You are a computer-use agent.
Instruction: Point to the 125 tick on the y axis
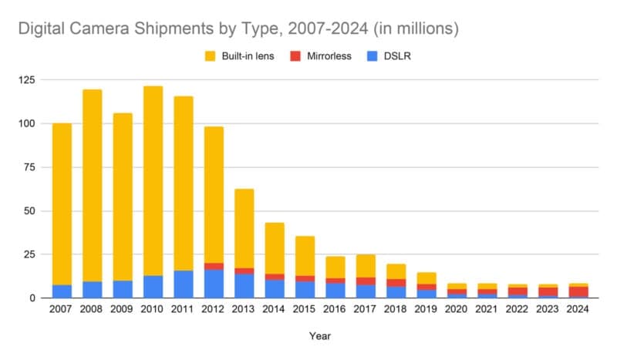point(28,80)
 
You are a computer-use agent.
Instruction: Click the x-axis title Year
point(319,336)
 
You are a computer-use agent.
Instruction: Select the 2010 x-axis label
point(153,310)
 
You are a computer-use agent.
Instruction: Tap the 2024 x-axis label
point(578,310)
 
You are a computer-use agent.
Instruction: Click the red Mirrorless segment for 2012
point(214,266)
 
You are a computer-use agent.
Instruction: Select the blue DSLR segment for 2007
point(62,291)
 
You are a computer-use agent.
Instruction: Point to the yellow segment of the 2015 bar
point(305,255)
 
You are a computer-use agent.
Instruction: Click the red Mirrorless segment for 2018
point(396,282)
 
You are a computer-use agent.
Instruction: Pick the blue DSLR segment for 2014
point(275,288)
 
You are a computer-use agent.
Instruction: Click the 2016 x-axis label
point(335,310)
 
